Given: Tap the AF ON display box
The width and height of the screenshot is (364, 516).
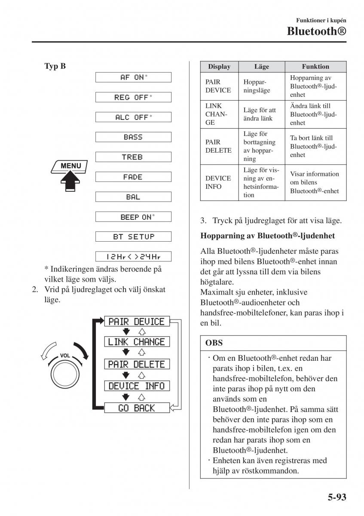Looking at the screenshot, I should coord(133,77).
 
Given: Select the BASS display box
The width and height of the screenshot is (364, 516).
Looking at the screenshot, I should coord(133,137).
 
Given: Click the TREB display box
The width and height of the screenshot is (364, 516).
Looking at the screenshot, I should coord(133,157).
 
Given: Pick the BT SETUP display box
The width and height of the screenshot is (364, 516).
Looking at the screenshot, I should coord(133,236).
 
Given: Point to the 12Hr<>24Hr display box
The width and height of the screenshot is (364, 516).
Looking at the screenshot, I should coord(133,257).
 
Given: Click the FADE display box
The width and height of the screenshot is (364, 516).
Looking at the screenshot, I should coord(133,177).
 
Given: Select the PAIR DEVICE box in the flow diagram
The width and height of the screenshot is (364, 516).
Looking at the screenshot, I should coord(137,321).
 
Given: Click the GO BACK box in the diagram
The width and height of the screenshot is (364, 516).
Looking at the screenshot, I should coord(137,408).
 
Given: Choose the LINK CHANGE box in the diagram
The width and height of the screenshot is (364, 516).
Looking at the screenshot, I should coord(137,342).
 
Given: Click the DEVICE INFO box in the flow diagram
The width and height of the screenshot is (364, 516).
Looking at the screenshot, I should coord(137,386).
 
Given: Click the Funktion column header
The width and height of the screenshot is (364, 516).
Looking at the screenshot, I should coord(315,67).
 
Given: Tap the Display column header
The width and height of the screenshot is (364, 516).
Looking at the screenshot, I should coord(219,67).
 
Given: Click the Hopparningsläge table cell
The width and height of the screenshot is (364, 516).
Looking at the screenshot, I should coord(255,86).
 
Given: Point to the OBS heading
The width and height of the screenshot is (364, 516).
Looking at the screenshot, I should coord(214,343).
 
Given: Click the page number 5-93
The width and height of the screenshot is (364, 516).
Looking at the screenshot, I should coord(333,498).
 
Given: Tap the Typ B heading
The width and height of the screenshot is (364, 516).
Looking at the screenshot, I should coord(55,66).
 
